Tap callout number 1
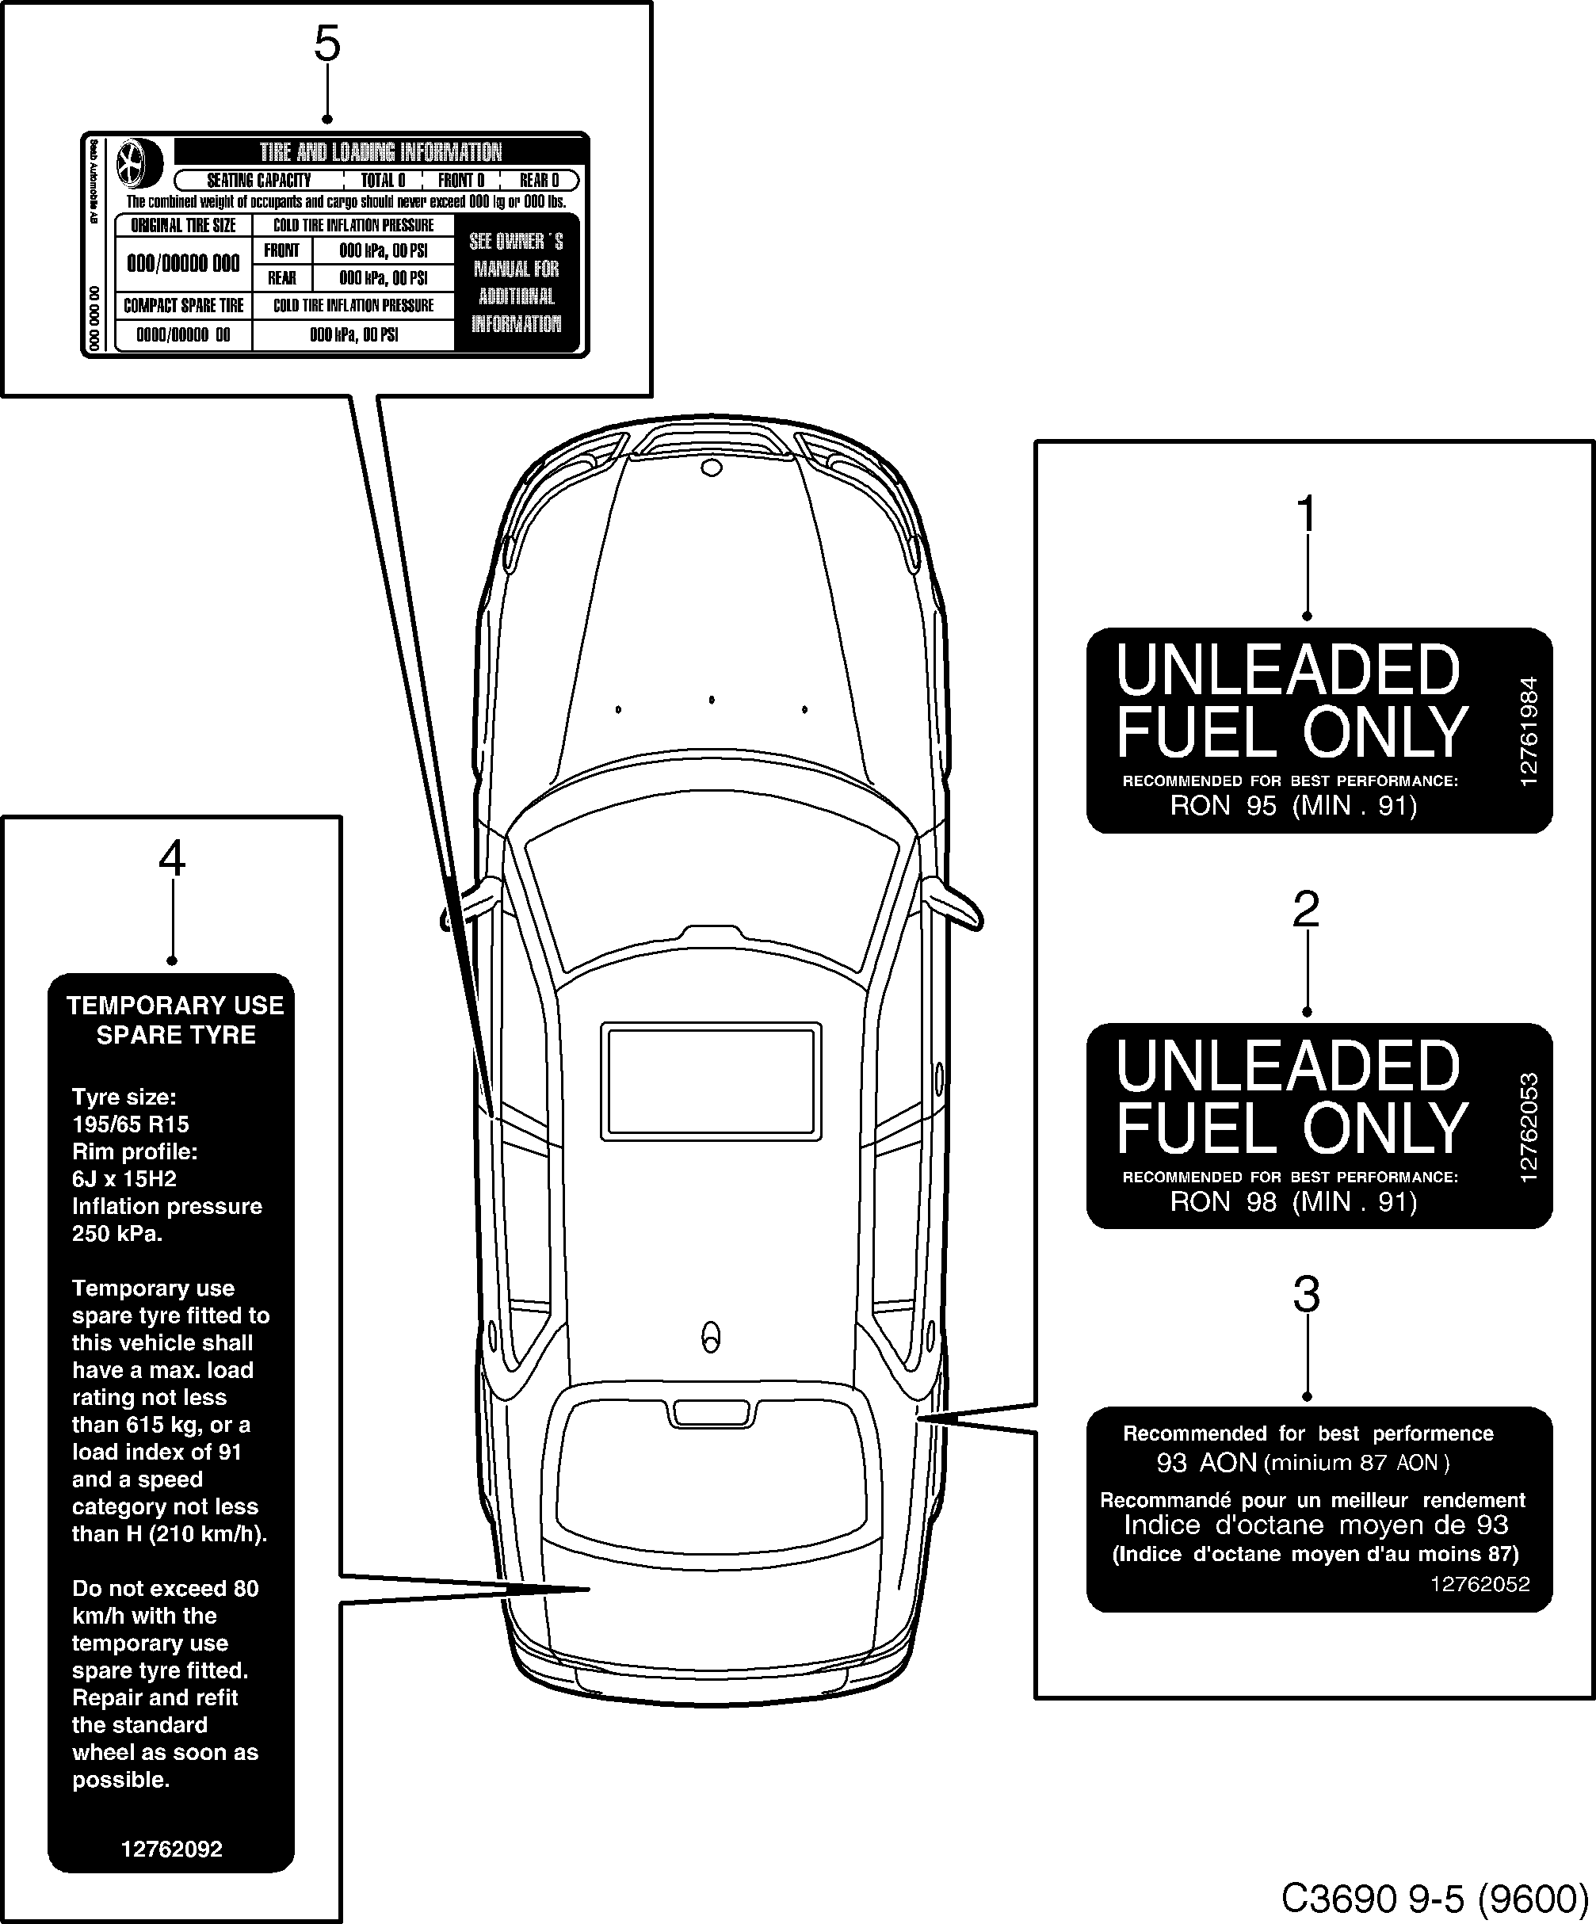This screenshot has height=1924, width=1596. click(1307, 514)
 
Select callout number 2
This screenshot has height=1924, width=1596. click(1306, 910)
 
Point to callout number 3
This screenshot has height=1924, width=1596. click(1307, 1296)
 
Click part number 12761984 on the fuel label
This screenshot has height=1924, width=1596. click(1528, 731)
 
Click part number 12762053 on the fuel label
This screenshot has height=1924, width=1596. click(1528, 1127)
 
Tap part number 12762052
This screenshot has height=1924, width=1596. click(1480, 1584)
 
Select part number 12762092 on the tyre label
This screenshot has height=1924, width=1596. click(171, 1849)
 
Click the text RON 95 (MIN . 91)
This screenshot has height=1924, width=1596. click(1292, 805)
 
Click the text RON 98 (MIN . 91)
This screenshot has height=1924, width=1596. click(1292, 1201)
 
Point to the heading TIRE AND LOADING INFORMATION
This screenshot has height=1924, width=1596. click(380, 152)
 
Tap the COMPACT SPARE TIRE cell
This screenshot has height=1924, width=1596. click(183, 306)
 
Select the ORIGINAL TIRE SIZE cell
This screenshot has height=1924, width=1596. click(183, 225)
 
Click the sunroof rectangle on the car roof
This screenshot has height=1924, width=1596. click(711, 1081)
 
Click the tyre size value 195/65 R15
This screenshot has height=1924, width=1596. click(130, 1124)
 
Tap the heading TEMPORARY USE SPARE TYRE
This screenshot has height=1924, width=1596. click(175, 1020)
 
